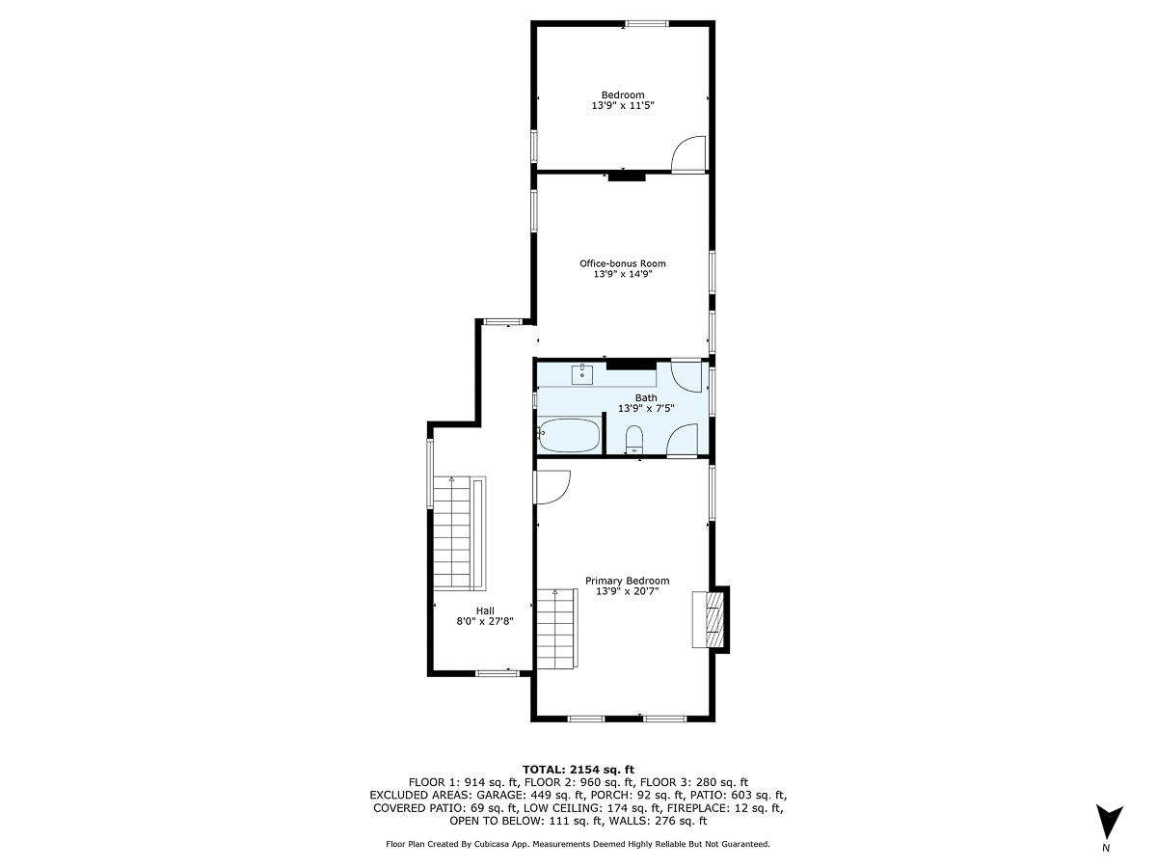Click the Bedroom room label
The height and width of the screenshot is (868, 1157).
pyautogui.click(x=622, y=95)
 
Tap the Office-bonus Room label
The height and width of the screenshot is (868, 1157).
pyautogui.click(x=622, y=263)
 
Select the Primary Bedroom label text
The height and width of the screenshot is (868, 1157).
pyautogui.click(x=627, y=581)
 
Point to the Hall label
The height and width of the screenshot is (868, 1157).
pyautogui.click(x=485, y=610)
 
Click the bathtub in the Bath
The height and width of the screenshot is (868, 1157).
pyautogui.click(x=569, y=435)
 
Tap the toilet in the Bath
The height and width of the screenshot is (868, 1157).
pyautogui.click(x=633, y=441)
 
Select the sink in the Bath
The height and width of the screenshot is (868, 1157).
pyautogui.click(x=582, y=374)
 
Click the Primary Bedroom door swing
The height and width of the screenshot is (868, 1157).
pyautogui.click(x=553, y=486)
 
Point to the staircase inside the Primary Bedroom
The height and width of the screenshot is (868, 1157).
pyautogui.click(x=555, y=628)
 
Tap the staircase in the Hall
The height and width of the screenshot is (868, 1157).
pyautogui.click(x=458, y=532)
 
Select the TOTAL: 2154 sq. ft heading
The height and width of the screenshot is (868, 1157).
pyautogui.click(x=578, y=769)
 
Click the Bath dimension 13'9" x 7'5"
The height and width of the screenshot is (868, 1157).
pyautogui.click(x=645, y=408)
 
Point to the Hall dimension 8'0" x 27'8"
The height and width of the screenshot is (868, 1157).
pyautogui.click(x=485, y=622)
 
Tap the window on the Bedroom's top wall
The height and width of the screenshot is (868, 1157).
pyautogui.click(x=646, y=23)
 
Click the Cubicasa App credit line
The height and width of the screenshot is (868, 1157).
pyautogui.click(x=578, y=844)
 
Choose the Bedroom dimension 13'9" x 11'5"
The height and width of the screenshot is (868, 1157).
pyautogui.click(x=622, y=105)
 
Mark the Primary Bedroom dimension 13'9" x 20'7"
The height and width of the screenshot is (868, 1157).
pyautogui.click(x=627, y=591)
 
